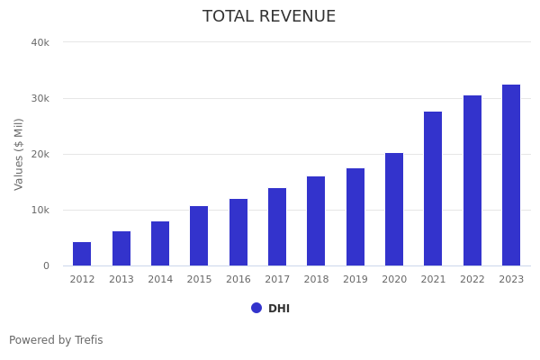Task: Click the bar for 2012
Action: point(82,254)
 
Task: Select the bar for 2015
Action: point(199,236)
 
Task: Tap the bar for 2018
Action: point(316,221)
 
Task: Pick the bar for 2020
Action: point(394,210)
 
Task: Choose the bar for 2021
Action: point(433,189)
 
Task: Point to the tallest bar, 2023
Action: point(511,175)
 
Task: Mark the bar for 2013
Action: point(121,248)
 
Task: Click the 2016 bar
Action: point(238,232)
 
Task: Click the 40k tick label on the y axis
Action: point(40,42)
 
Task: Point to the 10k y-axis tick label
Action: point(40,210)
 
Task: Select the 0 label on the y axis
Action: point(46,265)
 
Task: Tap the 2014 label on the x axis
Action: point(160,280)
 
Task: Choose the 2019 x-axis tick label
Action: point(355,280)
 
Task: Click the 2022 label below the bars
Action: point(472,280)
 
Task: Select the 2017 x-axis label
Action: point(277,280)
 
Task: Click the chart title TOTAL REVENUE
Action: point(269,17)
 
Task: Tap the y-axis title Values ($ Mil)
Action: point(19,154)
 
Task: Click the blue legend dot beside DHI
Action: point(256,308)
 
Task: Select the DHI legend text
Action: point(279,309)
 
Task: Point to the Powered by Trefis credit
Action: point(56,340)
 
